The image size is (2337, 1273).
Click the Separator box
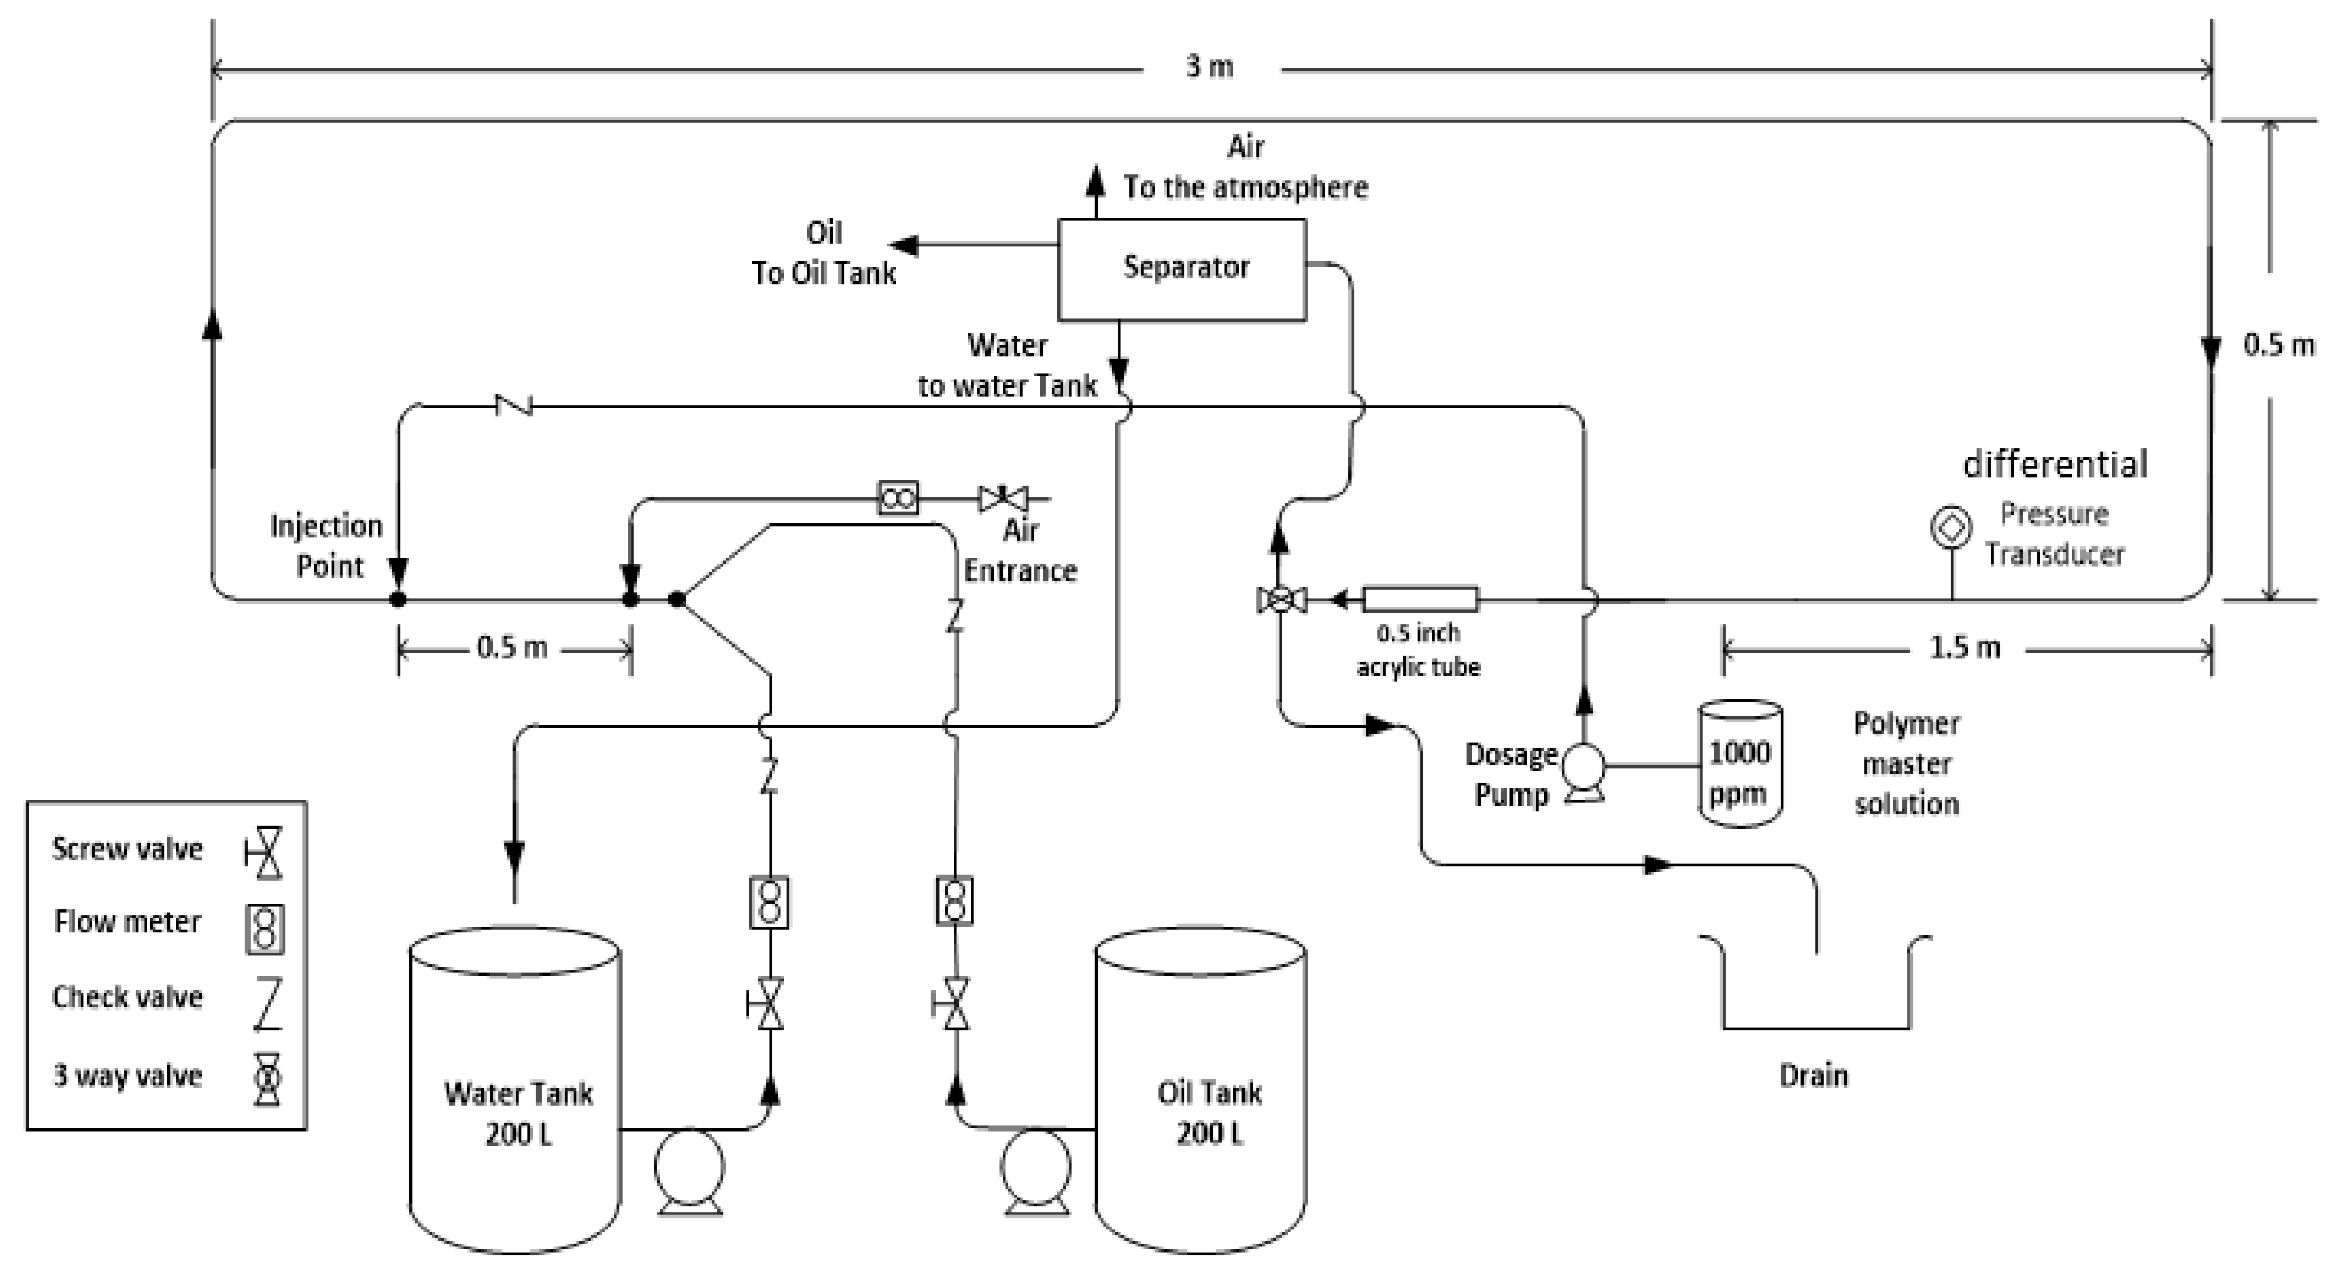pyautogui.click(x=1182, y=269)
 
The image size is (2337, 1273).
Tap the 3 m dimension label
pyautogui.click(x=1210, y=66)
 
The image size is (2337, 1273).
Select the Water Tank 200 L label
pyautogui.click(x=518, y=1113)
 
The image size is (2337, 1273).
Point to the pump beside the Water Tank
pyautogui.click(x=689, y=1169)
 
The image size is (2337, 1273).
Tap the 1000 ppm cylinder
pyautogui.click(x=1739, y=765)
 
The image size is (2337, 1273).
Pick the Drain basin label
pyautogui.click(x=1812, y=1076)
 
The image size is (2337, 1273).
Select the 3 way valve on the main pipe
pyautogui.click(x=1281, y=599)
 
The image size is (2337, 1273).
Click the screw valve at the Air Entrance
pyautogui.click(x=1003, y=498)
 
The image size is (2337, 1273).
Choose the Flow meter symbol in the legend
pyautogui.click(x=265, y=929)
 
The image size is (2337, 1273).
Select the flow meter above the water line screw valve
pyautogui.click(x=769, y=902)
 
